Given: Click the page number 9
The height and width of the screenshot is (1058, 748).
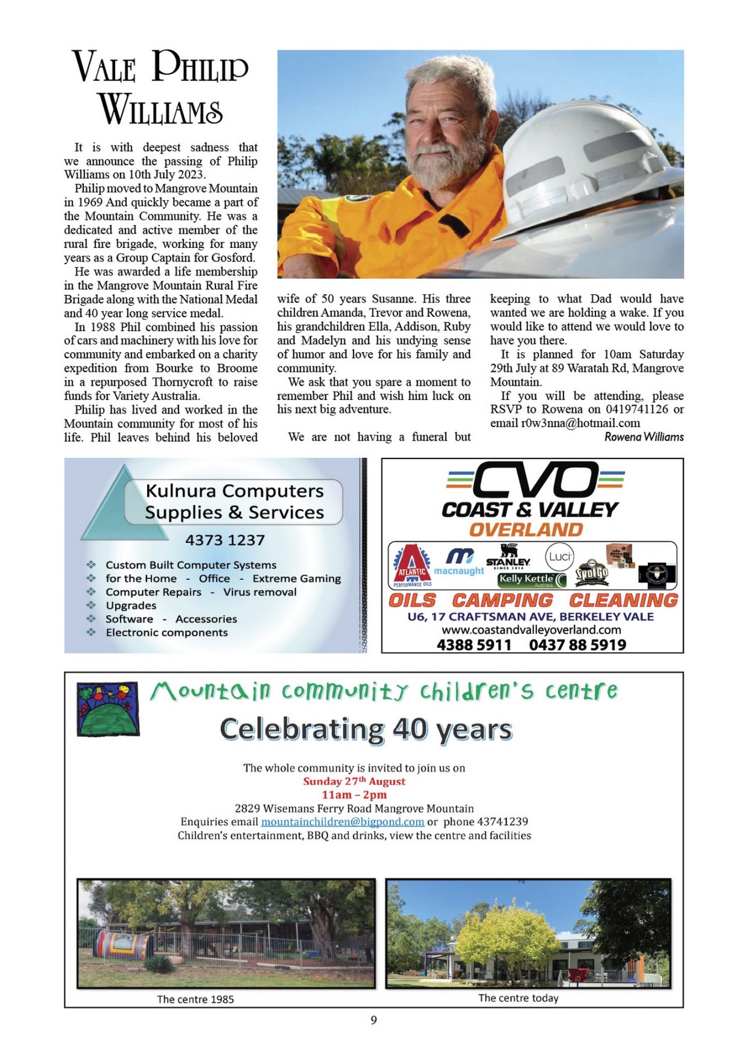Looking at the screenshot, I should coord(374,1020).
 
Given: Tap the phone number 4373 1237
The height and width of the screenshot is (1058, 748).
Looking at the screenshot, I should coord(225,540).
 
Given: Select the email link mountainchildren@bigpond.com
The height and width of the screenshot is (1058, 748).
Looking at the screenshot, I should coord(342,822).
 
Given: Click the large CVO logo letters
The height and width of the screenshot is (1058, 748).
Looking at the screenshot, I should coord(535,479).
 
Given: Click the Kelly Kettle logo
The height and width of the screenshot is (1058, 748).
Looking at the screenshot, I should coord(532,579).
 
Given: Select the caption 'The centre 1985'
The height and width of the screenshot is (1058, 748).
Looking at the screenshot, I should coord(195,999).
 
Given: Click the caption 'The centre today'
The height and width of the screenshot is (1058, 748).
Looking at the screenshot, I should coord(518,998).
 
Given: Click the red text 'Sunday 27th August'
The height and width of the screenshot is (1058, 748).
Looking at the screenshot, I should coord(354,781).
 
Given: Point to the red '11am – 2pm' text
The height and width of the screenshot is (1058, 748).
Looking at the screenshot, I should coord(354,795).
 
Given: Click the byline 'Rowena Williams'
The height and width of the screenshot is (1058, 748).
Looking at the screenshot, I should coord(644,437).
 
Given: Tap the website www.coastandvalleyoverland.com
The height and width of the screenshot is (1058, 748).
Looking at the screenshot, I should coord(531,630).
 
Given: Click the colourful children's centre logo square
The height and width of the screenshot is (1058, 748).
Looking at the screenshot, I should coord(108,709).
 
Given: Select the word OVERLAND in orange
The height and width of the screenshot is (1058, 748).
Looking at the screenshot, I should coord(526,530).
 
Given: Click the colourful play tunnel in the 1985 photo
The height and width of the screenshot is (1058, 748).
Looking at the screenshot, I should coord(122,946).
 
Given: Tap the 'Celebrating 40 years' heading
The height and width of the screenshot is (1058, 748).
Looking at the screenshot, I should coord(366,729).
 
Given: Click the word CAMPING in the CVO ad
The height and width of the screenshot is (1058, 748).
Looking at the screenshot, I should coord(502,600).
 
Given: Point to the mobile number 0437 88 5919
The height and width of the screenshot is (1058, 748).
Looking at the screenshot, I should coord(577,645).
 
